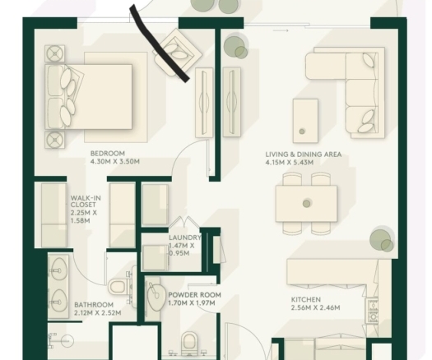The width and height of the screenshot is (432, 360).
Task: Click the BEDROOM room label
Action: [108, 154]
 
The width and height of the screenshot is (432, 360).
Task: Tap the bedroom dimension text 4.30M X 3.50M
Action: [115, 161]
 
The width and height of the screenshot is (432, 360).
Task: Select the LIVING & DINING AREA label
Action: [304, 155]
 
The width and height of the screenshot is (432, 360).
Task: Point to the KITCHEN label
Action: [306, 299]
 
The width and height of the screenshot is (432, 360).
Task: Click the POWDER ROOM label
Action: [194, 295]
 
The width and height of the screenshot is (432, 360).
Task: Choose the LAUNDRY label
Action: [185, 238]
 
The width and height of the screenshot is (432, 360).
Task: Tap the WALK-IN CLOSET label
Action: [86, 201]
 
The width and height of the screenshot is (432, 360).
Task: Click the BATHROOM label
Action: [94, 305]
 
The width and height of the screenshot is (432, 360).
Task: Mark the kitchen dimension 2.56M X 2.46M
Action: [315, 307]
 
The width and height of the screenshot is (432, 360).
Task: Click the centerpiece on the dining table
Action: [306, 203]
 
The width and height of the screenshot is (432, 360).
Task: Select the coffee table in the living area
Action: [305, 121]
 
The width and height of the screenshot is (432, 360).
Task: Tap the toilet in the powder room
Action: [189, 342]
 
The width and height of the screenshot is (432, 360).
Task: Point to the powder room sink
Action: [155, 296]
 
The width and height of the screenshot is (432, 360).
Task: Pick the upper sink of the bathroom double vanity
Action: [58, 270]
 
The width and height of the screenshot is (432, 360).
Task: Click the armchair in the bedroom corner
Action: [179, 52]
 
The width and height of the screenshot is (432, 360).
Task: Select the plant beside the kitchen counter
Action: [382, 241]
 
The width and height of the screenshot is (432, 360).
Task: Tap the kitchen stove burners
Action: [373, 312]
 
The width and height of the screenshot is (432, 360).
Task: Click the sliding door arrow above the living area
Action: [281, 30]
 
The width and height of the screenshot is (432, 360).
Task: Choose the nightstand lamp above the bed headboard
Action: [55, 53]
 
